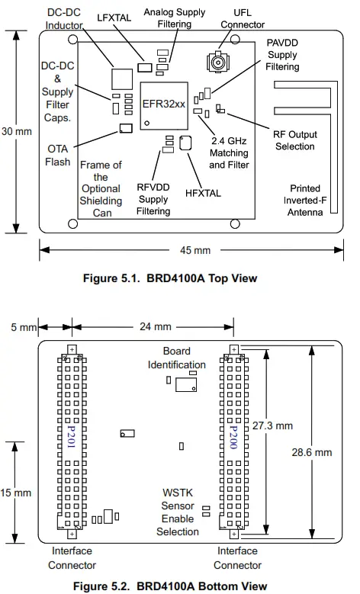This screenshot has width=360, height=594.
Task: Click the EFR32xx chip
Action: [162, 103]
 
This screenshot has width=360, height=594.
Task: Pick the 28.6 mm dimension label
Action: [312, 451]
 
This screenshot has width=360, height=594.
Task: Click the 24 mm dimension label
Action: [150, 327]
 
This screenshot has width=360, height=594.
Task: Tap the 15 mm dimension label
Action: [16, 493]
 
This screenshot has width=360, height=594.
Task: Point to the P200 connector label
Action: [234, 438]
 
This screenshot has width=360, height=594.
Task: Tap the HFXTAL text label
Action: [203, 193]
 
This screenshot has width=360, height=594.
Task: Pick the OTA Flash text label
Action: [58, 155]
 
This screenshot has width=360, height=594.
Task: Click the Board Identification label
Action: [176, 358]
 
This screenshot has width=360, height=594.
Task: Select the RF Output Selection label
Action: [294, 140]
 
